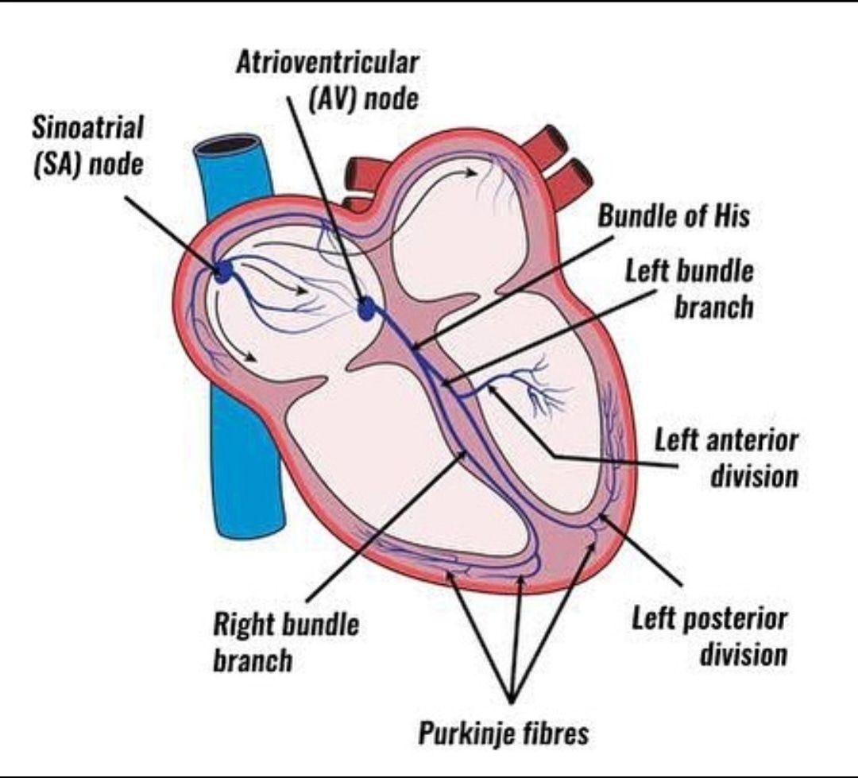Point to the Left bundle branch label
(689, 288)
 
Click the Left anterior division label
(725, 459)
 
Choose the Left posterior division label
(709, 637)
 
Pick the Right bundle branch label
(285, 641)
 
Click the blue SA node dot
(224, 273)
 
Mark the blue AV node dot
(366, 308)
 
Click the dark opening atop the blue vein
(230, 147)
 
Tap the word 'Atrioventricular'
(327, 64)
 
